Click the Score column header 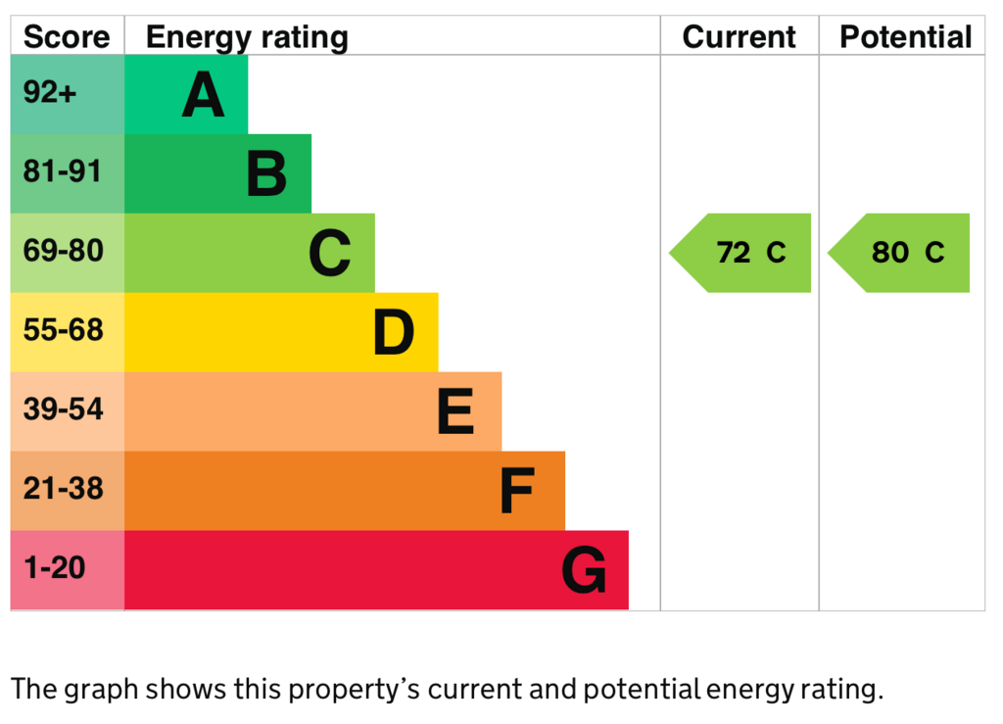(67, 37)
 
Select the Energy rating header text (247, 37)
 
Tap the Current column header (739, 37)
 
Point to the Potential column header (905, 37)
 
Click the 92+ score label (50, 93)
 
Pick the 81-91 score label (63, 172)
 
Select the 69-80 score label (63, 252)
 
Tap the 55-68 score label (63, 331)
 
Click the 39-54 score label (63, 410)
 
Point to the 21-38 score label (63, 489)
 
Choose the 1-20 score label (55, 568)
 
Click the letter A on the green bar (204, 96)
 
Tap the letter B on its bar (266, 174)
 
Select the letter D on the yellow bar (393, 333)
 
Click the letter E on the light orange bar (455, 411)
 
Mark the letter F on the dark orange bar (516, 491)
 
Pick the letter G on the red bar (584, 570)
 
